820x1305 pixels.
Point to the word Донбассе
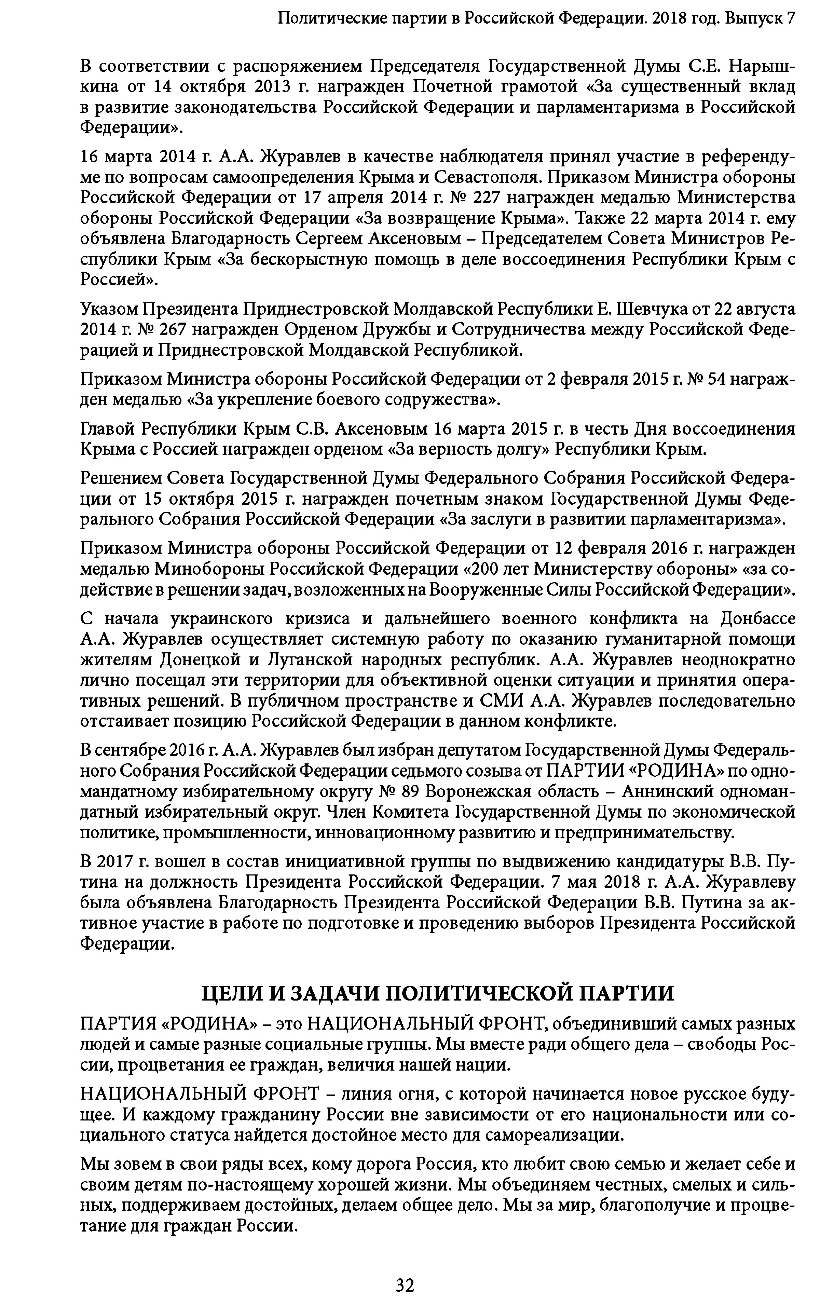point(758,619)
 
